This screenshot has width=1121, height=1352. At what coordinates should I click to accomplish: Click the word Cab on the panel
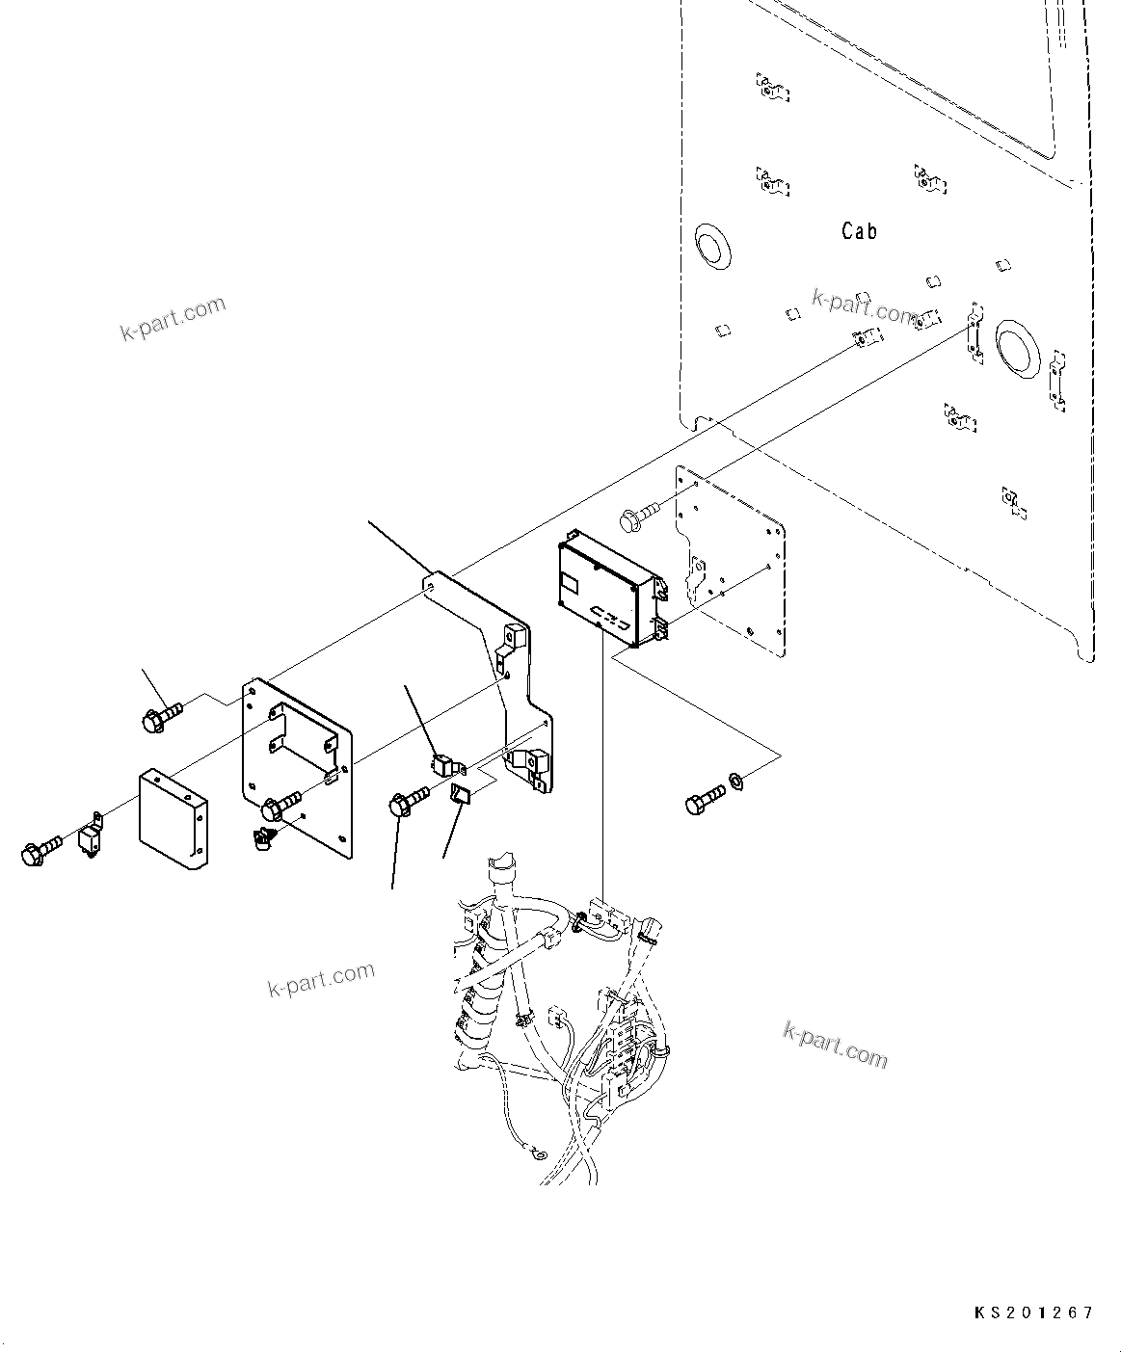[x=859, y=231]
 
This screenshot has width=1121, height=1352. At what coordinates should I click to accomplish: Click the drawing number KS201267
[x=1032, y=1312]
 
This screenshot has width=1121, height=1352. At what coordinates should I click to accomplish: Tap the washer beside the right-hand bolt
[x=734, y=778]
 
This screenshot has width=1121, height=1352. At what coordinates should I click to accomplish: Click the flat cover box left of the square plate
[x=173, y=818]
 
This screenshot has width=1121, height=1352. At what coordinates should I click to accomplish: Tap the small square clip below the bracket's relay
[x=460, y=795]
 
